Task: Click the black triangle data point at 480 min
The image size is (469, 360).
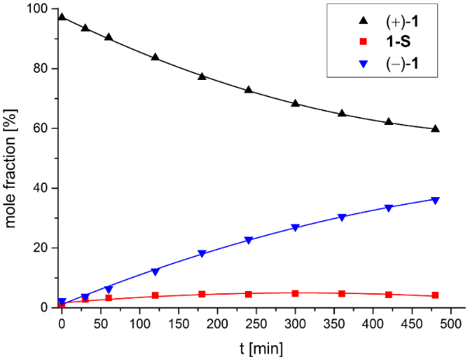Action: (435, 129)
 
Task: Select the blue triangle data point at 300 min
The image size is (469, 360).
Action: (295, 228)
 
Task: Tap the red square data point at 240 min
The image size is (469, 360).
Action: (249, 294)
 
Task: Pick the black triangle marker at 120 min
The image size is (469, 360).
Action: (155, 57)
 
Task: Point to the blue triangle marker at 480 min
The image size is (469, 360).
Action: (435, 200)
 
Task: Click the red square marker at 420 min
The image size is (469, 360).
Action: (388, 294)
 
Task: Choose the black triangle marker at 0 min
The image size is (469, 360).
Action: (62, 16)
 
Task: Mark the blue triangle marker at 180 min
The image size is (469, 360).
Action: (202, 254)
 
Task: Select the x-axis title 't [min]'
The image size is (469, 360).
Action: (263, 347)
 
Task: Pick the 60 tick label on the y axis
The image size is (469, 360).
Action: (43, 128)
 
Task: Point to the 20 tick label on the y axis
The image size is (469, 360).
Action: (43, 247)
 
